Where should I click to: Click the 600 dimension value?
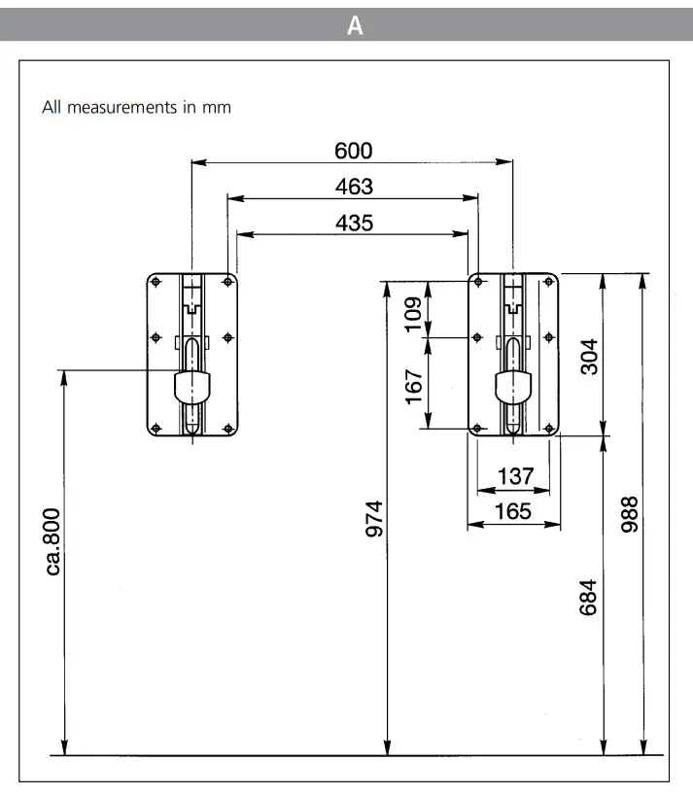(x=354, y=151)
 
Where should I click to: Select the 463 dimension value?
(x=354, y=187)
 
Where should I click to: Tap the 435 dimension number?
(x=354, y=223)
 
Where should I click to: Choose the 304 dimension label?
(x=587, y=357)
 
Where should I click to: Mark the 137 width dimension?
(x=515, y=476)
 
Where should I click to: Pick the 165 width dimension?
(x=514, y=511)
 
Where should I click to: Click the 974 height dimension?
(x=375, y=518)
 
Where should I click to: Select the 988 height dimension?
(x=629, y=515)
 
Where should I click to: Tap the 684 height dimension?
(x=587, y=597)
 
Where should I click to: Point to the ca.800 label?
(x=52, y=540)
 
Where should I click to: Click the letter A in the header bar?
(x=355, y=26)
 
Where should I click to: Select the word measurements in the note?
(x=124, y=107)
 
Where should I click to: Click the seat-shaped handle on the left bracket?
(x=192, y=387)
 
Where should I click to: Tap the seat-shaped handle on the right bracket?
(x=513, y=387)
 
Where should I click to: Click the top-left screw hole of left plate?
(x=156, y=282)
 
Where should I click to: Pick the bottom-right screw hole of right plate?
(x=549, y=428)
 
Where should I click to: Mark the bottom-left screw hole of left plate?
(x=156, y=428)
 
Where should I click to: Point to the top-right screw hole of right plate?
(x=549, y=282)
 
